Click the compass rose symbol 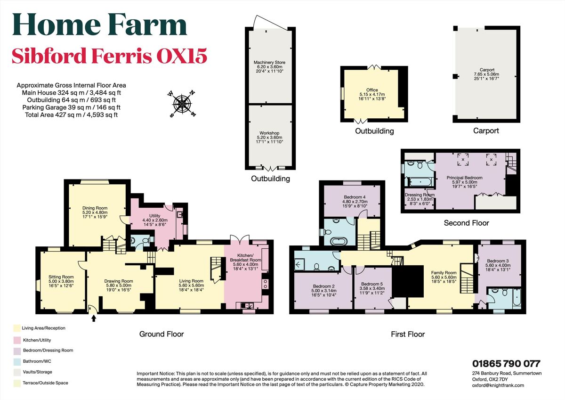pyautogui.click(x=183, y=104)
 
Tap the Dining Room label pyautogui.click(x=95, y=208)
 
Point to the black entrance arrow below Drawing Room pyautogui.click(x=93, y=318)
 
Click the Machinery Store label pyautogui.click(x=269, y=62)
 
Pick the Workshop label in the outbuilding pyautogui.click(x=269, y=133)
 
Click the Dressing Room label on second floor pyautogui.click(x=419, y=195)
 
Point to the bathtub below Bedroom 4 pyautogui.click(x=338, y=241)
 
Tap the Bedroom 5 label pyautogui.click(x=371, y=284)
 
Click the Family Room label pyautogui.click(x=444, y=272)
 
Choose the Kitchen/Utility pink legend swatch pyautogui.click(x=16, y=340)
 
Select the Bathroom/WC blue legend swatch pyautogui.click(x=16, y=361)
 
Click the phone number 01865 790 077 pyautogui.click(x=506, y=364)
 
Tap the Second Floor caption pyautogui.click(x=466, y=223)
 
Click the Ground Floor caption pyautogui.click(x=161, y=334)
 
